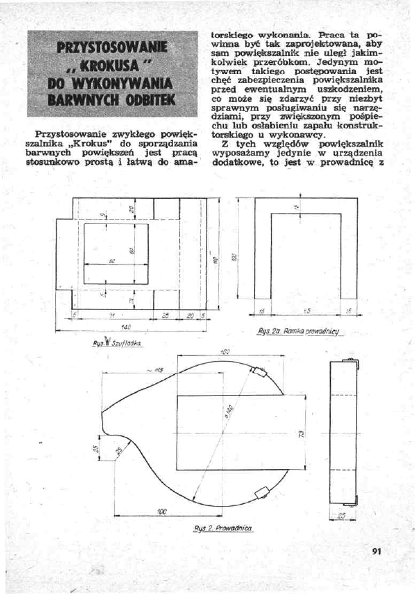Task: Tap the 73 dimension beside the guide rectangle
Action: coord(301,434)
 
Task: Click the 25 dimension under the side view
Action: coord(342,516)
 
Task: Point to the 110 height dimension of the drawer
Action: coord(215,258)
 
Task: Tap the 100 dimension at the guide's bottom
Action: coord(162,512)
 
